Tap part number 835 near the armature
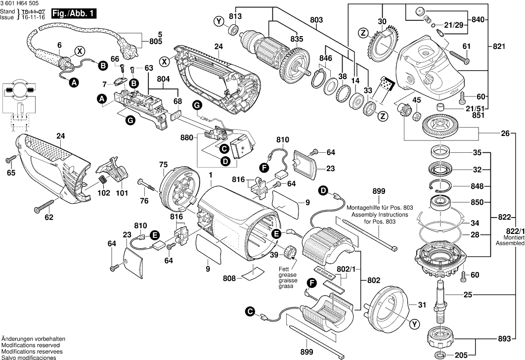[297, 38]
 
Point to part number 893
[502, 340]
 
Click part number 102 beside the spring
[104, 193]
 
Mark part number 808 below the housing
[229, 278]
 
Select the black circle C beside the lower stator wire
[250, 311]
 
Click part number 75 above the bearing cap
[163, 165]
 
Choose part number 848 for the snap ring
[477, 186]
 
